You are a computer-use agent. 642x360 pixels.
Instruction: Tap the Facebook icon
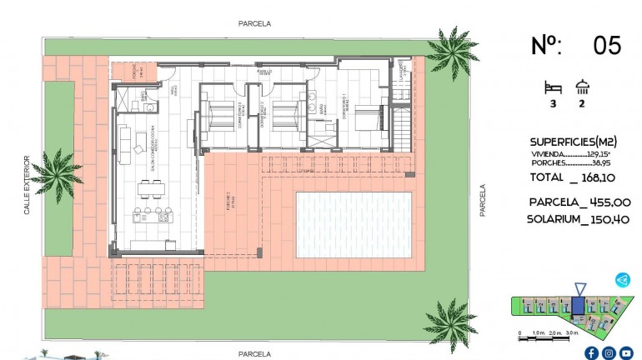click(x=591, y=352)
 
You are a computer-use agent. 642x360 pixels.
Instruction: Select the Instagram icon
click(x=609, y=352)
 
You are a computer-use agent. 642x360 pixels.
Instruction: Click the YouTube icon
click(x=626, y=352)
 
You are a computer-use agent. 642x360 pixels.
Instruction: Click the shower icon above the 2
click(x=582, y=85)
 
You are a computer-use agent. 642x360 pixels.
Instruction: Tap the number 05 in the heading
click(x=606, y=46)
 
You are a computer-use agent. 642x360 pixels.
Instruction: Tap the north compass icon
click(x=622, y=280)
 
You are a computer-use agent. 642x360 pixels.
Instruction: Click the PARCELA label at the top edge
click(x=253, y=24)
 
